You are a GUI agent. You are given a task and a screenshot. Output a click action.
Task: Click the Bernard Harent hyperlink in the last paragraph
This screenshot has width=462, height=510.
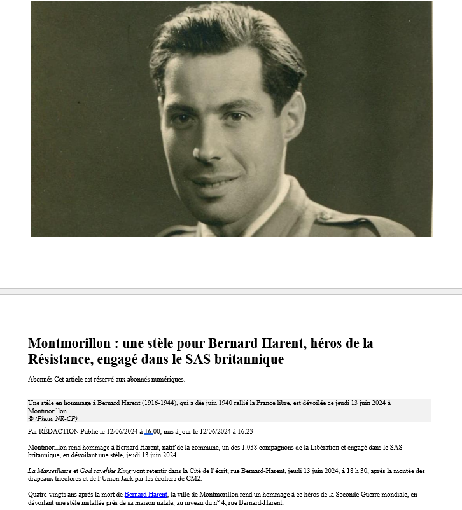146,494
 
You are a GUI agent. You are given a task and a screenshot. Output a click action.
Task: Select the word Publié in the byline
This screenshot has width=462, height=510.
90,431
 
